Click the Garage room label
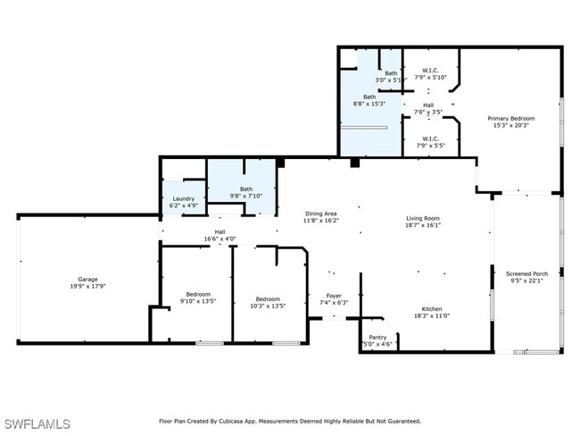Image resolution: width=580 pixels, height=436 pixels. pyautogui.click(x=87, y=280)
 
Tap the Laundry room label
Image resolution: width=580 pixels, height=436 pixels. pyautogui.click(x=183, y=199)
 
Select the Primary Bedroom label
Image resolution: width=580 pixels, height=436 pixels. pyautogui.click(x=510, y=118)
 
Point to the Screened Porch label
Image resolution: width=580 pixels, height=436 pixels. pyautogui.click(x=526, y=273)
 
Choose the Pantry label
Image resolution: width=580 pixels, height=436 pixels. pyautogui.click(x=377, y=337)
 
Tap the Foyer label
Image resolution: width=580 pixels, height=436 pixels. pyautogui.click(x=333, y=296)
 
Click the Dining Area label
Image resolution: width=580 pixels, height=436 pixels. pyautogui.click(x=320, y=214)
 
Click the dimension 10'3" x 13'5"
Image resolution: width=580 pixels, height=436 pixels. pyautogui.click(x=268, y=306)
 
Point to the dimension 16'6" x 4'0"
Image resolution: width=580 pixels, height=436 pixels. pyautogui.click(x=220, y=239)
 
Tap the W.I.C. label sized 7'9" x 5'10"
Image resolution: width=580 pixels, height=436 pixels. pyautogui.click(x=430, y=74)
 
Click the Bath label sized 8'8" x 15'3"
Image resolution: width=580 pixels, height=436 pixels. pyautogui.click(x=369, y=97)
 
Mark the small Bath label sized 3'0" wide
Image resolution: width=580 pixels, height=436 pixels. pyautogui.click(x=391, y=73)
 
